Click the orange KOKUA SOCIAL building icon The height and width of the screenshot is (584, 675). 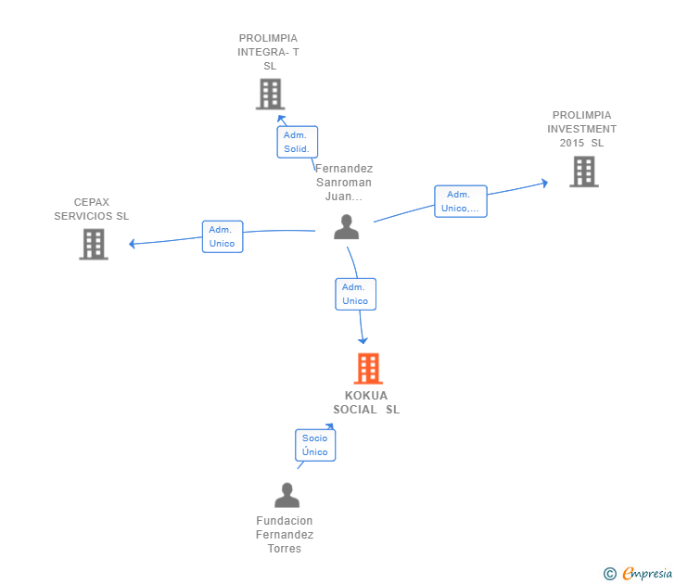(368, 368)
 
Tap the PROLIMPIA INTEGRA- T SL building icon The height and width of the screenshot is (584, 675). (271, 94)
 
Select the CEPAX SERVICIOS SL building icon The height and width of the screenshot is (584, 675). (94, 244)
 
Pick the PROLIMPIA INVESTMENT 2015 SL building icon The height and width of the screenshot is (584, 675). (584, 171)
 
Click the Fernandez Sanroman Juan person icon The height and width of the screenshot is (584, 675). (346, 227)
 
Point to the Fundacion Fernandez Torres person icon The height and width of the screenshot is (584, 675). (287, 495)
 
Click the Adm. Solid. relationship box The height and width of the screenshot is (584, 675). (297, 142)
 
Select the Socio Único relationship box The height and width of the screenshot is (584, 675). (315, 445)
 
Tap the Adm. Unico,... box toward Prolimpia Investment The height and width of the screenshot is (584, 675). (461, 201)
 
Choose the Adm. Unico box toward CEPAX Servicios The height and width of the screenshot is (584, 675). (223, 236)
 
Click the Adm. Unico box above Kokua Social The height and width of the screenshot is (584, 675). (356, 295)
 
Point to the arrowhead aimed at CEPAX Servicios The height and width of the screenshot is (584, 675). (133, 244)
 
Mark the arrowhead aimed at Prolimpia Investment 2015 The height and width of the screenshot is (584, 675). (544, 183)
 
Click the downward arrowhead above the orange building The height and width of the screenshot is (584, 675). (363, 340)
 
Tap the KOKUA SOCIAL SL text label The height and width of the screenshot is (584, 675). (366, 402)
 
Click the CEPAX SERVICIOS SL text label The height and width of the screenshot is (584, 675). (91, 209)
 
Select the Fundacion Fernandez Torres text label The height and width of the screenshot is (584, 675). (285, 535)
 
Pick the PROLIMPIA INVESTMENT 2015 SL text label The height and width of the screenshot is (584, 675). (581, 129)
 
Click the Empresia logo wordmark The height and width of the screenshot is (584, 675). (647, 573)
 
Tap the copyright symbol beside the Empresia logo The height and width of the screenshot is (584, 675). (609, 574)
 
